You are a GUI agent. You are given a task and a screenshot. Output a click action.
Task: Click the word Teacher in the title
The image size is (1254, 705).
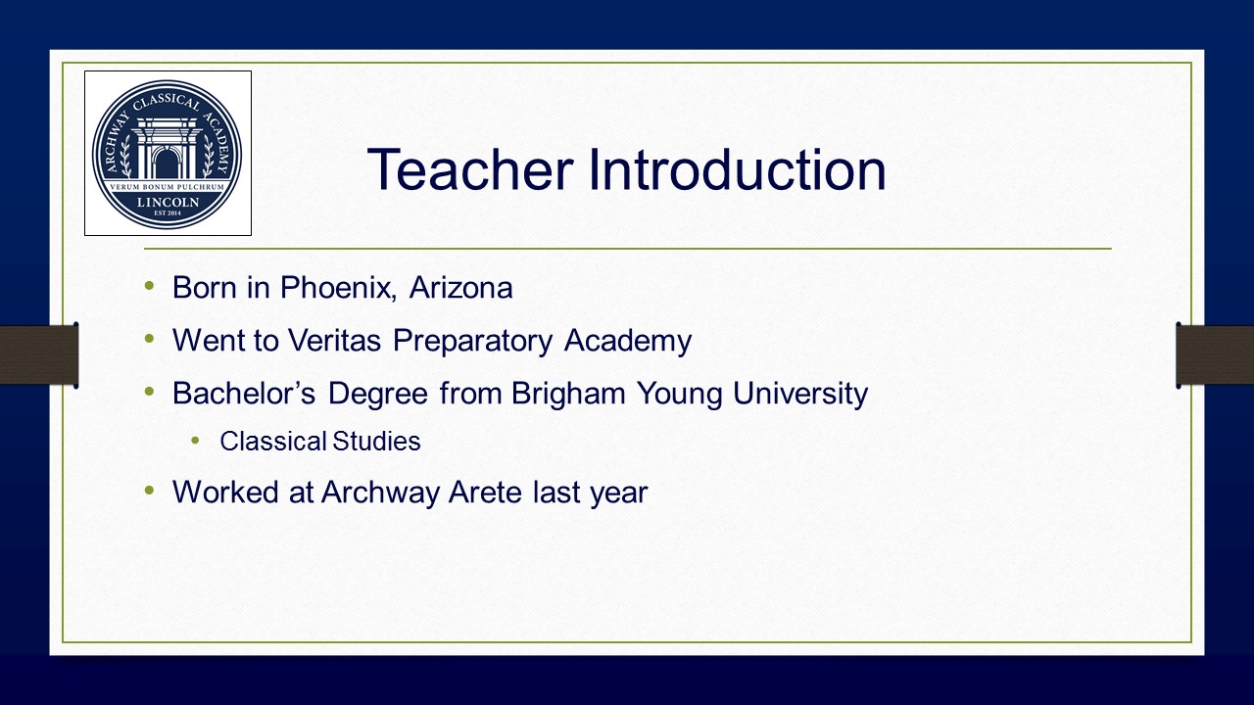coord(470,169)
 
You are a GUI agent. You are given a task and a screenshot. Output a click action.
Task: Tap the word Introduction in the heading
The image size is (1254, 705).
coord(738,169)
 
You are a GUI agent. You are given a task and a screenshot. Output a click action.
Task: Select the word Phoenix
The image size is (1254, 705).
coord(338,288)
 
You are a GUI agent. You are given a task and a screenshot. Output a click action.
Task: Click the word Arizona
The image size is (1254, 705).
coord(460,288)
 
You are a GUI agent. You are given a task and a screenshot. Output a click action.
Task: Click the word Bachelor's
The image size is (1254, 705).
coord(244,393)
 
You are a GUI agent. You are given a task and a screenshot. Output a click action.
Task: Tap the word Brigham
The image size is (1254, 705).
coord(568,393)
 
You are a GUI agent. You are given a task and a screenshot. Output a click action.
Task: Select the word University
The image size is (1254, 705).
coord(800,394)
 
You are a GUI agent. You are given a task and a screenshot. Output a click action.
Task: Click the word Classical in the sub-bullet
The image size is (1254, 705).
coord(273,441)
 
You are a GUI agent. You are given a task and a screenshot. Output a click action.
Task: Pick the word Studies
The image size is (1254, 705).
coord(376,441)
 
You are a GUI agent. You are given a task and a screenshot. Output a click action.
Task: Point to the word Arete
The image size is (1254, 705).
coord(485,493)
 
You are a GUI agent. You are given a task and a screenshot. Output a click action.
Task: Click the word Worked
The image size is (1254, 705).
coord(225,493)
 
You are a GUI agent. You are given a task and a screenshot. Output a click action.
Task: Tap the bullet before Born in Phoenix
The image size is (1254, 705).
coord(149,286)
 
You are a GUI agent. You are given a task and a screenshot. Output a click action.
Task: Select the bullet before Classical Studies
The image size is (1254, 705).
coord(195,441)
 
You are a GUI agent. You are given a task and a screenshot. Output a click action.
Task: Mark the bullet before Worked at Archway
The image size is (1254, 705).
coord(149,491)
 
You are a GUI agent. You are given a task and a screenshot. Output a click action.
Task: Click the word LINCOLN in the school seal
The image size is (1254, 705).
coord(168,202)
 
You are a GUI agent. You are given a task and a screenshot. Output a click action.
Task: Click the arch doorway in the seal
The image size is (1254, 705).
coord(166,164)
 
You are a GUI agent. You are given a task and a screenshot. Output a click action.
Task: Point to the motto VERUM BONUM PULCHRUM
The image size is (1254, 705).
coord(167,187)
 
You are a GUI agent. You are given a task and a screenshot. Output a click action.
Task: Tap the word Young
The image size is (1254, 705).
coord(679,394)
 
